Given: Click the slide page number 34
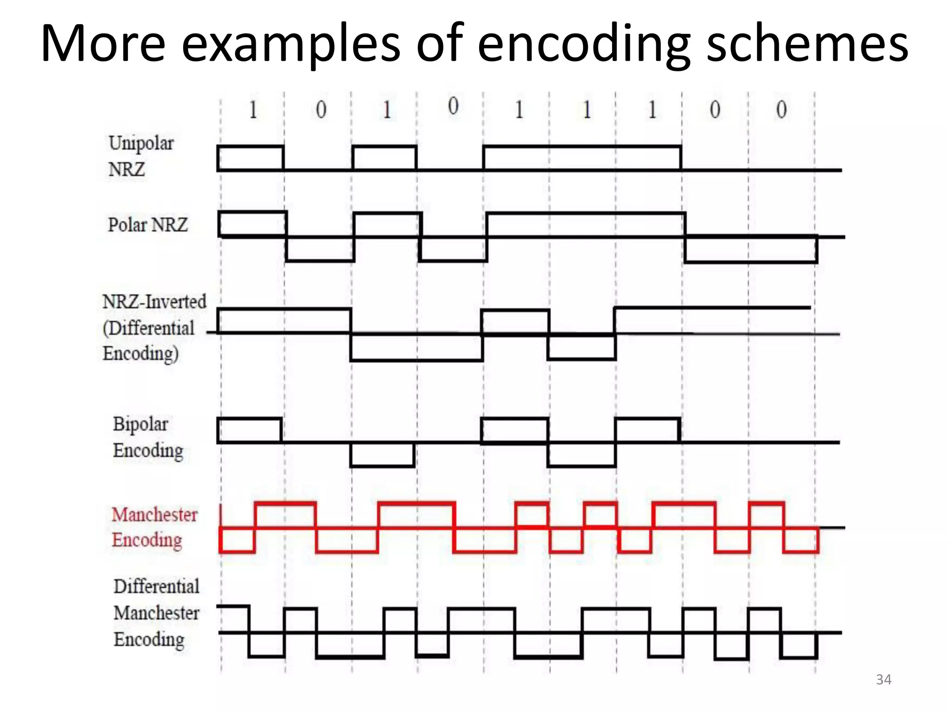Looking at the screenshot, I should (x=883, y=680).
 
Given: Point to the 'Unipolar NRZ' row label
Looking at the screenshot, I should (x=141, y=156).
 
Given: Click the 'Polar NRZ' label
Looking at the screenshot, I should (x=148, y=225).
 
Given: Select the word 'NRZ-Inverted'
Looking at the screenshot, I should (x=154, y=302).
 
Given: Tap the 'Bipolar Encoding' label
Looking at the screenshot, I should (x=148, y=437).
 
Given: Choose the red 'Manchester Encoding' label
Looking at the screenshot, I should (x=154, y=528).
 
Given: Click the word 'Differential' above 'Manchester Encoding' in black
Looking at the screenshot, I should (x=157, y=586).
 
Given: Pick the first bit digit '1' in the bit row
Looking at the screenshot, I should (x=253, y=110).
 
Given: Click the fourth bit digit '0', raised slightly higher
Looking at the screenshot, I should (x=453, y=106).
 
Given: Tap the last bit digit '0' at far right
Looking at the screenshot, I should (x=781, y=110).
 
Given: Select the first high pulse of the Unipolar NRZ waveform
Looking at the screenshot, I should (x=250, y=158).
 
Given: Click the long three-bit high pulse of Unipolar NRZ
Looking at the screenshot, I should (x=582, y=158).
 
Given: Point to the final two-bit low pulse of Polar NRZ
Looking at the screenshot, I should (x=751, y=250).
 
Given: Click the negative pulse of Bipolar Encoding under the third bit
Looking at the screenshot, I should (x=382, y=454).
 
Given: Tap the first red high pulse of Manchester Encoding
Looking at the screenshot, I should (x=285, y=515).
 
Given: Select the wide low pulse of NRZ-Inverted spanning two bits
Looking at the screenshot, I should (x=417, y=347).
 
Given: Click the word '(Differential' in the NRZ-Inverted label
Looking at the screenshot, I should (x=149, y=328).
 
